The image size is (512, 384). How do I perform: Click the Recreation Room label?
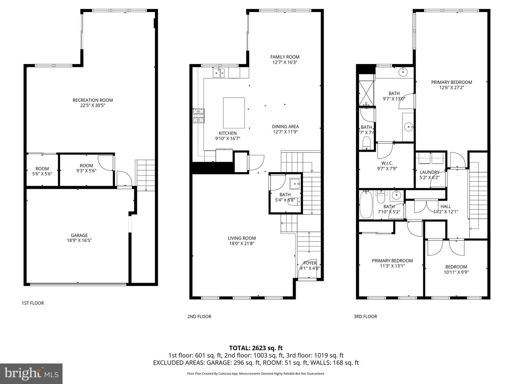pos(92,100)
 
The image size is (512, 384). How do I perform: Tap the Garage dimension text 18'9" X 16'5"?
pos(79,240)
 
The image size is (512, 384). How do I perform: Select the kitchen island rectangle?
pos(234,113)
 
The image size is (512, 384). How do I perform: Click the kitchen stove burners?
pos(199,116)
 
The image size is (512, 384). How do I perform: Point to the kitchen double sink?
pos(219,73)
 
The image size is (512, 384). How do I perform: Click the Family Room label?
pos(284,57)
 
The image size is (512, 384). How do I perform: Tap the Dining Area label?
pos(285,127)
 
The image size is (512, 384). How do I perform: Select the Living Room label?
pos(241,238)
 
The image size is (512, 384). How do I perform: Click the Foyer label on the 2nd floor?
pos(310,263)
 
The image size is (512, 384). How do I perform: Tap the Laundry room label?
pos(430,172)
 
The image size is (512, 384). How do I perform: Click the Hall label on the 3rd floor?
pos(446,206)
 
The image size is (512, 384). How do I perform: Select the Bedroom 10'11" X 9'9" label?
pos(456,267)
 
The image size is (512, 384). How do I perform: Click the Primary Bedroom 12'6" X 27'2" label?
pos(452,82)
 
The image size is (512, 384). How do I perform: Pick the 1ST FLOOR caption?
pos(33,303)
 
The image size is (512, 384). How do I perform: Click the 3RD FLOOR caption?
pos(365,316)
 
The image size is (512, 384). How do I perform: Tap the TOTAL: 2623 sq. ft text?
pos(256,348)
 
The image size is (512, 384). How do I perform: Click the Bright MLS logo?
pos(31,373)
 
